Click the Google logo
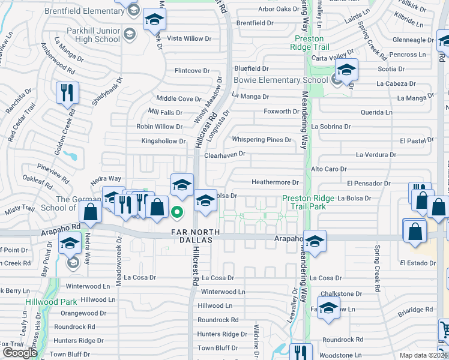20,353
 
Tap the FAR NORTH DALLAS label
192,236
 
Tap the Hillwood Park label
51,302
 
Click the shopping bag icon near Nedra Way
90,212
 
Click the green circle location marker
177,211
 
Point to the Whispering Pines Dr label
262,140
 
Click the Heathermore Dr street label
275,182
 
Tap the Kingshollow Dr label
163,142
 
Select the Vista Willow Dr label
188,38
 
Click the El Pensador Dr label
369,183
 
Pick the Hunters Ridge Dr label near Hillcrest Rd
218,334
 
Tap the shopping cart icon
445,329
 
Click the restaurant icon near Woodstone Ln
301,352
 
